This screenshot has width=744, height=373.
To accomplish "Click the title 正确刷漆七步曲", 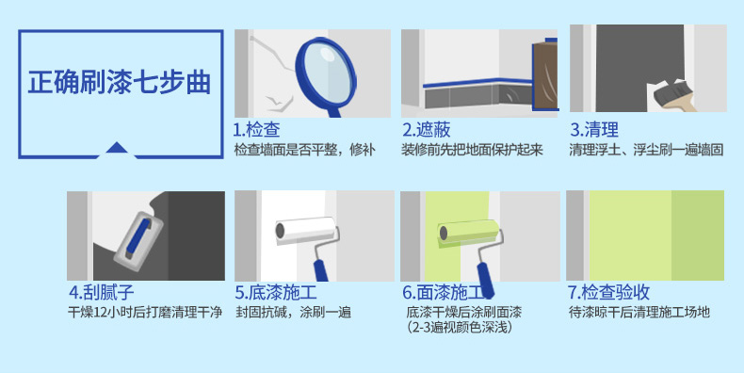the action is pyautogui.click(x=119, y=82).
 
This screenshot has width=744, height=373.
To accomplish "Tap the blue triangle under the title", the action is pyautogui.click(x=117, y=148).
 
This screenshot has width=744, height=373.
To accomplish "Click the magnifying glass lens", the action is pyautogui.click(x=326, y=73).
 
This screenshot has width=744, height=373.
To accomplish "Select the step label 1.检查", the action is pyautogui.click(x=257, y=130).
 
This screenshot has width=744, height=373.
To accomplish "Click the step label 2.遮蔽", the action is pyautogui.click(x=427, y=130).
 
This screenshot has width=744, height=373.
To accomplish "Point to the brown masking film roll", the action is pyautogui.click(x=544, y=75).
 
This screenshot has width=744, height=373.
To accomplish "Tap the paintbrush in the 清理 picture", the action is pyautogui.click(x=672, y=96).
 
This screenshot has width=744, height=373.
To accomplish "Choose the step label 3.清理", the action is pyautogui.click(x=594, y=130).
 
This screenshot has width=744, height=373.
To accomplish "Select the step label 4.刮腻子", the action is pyautogui.click(x=102, y=292).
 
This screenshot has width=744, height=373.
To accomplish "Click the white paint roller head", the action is pyautogui.click(x=305, y=231).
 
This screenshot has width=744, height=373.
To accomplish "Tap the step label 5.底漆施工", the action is pyautogui.click(x=276, y=292).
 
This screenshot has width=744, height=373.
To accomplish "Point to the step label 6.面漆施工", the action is pyautogui.click(x=444, y=292).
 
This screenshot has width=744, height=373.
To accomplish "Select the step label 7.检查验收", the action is pyautogui.click(x=608, y=292).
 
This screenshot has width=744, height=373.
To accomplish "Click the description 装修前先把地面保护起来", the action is pyautogui.click(x=472, y=150).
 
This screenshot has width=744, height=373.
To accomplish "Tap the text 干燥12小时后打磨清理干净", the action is pyautogui.click(x=145, y=313).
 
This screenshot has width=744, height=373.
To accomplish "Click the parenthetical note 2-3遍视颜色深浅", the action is pyautogui.click(x=459, y=328).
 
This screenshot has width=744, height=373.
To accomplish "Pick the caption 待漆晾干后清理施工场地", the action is pyautogui.click(x=639, y=313).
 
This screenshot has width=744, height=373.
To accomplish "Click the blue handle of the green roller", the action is pyautogui.click(x=485, y=280).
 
